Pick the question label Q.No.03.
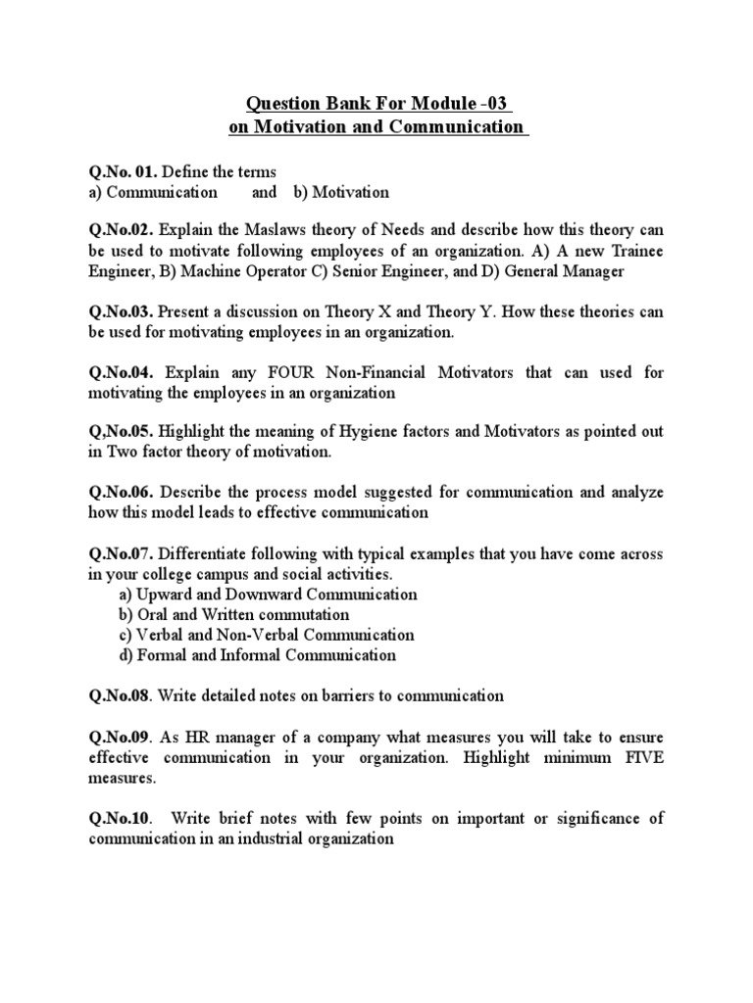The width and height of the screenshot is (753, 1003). coord(119,311)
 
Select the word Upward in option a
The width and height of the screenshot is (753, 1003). coord(160,595)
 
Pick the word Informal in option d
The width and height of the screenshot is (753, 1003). coord(271,655)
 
